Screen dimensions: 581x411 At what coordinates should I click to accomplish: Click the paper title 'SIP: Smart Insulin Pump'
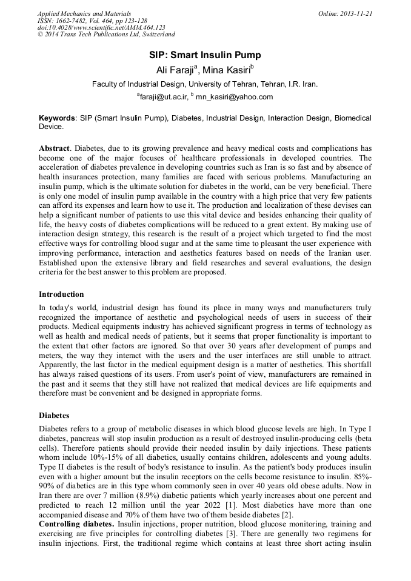tap(205, 55)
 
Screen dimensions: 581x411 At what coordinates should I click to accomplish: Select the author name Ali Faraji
tap(174, 70)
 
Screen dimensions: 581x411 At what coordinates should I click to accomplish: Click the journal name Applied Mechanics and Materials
tap(84, 13)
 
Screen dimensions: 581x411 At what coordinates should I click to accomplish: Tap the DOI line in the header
tap(101, 28)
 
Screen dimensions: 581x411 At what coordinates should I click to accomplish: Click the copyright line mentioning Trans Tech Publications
tap(106, 35)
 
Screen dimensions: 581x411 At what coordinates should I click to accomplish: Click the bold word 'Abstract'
tap(55, 148)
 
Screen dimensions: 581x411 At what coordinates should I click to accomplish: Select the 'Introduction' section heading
tap(61, 294)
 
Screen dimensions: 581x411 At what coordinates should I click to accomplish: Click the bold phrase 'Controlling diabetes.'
tap(76, 523)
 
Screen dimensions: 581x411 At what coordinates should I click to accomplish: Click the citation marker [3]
tap(235, 533)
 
